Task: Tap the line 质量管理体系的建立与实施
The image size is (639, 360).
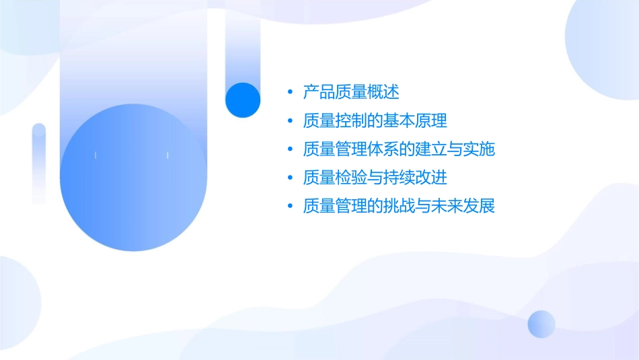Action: (x=399, y=149)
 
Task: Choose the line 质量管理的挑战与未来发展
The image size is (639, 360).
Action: (x=399, y=206)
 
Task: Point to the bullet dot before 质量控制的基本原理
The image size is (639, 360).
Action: (x=290, y=121)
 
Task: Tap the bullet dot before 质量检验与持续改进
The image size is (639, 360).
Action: (x=290, y=178)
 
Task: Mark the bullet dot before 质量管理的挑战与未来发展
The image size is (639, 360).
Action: (x=290, y=207)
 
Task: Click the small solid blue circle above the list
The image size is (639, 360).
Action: (x=242, y=100)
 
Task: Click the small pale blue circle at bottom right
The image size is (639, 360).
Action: (x=541, y=324)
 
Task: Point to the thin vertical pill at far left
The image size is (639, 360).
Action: (x=39, y=163)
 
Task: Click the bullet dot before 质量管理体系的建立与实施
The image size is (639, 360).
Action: (x=290, y=149)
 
